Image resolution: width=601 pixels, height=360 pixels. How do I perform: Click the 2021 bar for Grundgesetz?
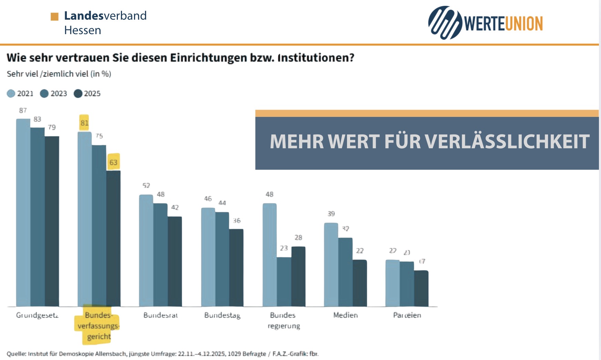point(23,212)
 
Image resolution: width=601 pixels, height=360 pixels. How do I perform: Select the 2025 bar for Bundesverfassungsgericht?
point(113,238)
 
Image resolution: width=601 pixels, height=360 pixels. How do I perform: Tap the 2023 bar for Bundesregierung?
point(284,281)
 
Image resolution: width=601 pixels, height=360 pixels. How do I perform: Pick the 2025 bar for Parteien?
point(421,288)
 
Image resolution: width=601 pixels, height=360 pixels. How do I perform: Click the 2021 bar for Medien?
point(331,264)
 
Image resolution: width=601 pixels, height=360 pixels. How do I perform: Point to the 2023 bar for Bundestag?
point(222,259)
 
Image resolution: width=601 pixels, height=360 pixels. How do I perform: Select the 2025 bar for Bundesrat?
point(175,261)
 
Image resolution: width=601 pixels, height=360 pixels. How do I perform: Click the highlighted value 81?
point(84,123)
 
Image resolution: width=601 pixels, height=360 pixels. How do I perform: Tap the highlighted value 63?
point(113,162)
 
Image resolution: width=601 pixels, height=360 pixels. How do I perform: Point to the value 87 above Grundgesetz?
point(23,110)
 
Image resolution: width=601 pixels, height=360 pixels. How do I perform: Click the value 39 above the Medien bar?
point(331,214)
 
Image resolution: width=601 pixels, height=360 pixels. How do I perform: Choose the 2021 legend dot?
point(11,93)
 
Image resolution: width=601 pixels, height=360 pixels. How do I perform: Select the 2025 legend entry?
point(88,93)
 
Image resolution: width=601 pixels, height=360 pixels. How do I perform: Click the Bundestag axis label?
point(222,315)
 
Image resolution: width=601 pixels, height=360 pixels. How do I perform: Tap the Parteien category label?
point(407,315)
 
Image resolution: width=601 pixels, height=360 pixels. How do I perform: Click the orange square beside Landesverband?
point(54,17)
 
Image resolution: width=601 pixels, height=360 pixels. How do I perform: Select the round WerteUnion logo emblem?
point(445,23)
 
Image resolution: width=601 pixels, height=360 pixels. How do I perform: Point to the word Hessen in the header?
point(83,30)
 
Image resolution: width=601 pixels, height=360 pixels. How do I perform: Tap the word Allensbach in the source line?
point(111,354)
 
